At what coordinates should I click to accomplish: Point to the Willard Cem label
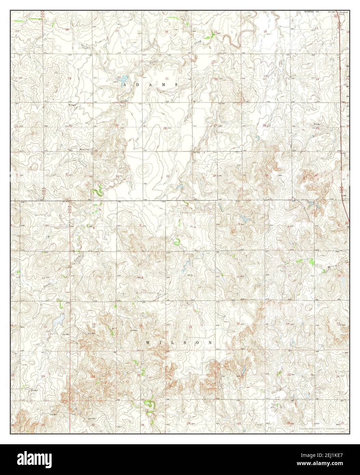(x=86, y=150)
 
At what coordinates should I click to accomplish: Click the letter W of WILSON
(x=148, y=342)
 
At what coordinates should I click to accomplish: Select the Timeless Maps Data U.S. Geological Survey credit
(x=323, y=429)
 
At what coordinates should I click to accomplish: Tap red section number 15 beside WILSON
(x=238, y=323)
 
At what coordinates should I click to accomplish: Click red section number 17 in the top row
(x=117, y=31)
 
